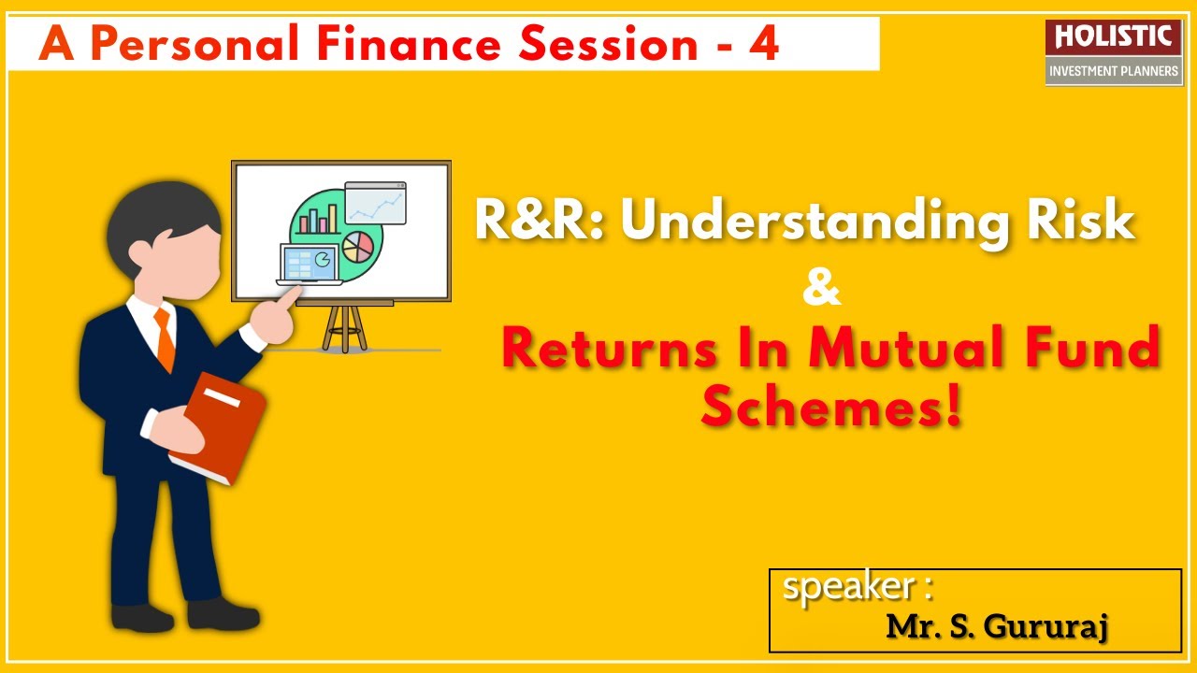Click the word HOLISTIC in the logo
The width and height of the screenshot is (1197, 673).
click(x=1113, y=36)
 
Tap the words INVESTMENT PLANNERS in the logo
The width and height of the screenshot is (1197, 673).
click(x=1113, y=71)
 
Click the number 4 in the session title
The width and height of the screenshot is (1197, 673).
click(x=763, y=44)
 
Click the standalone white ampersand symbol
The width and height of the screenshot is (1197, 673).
click(x=821, y=291)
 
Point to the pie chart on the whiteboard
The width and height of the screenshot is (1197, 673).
click(x=357, y=247)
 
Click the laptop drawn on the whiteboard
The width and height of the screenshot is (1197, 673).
click(x=310, y=265)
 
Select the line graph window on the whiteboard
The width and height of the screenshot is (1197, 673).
click(x=375, y=204)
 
